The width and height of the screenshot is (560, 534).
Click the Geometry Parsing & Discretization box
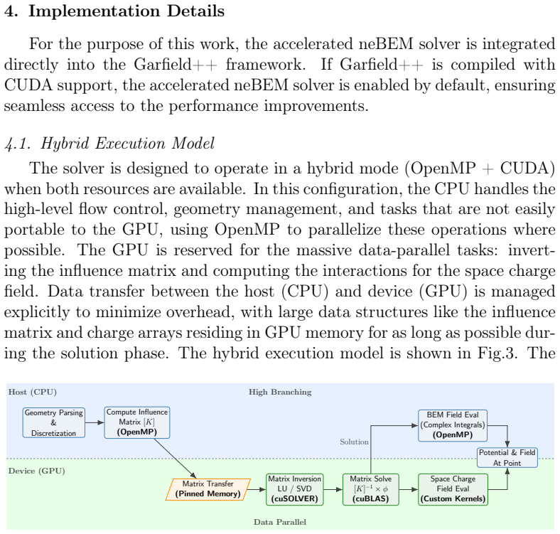[x=53, y=422]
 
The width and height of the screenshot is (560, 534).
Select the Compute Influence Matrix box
[x=136, y=422]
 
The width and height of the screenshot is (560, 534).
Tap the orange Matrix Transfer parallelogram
[x=208, y=489]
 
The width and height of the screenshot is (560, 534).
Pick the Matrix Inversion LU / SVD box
[x=295, y=489]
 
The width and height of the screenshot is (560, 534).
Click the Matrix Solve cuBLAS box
[x=371, y=489]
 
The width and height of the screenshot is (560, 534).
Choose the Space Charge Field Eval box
[x=453, y=489]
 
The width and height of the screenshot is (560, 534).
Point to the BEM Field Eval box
[x=453, y=425]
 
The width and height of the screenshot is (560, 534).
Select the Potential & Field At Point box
[x=507, y=457]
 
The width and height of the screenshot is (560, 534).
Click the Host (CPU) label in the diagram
[x=33, y=392]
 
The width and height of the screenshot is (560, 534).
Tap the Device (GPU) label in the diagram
[x=37, y=471]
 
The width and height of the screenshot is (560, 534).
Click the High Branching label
[x=280, y=392]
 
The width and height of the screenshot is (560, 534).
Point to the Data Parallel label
[x=280, y=522]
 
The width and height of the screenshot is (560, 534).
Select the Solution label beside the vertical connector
[x=354, y=442]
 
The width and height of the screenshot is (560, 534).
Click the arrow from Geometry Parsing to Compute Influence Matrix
[x=95, y=422]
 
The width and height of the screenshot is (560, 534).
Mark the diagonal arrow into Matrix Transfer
[x=175, y=458]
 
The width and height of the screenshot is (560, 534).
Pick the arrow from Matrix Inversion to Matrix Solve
[x=333, y=489]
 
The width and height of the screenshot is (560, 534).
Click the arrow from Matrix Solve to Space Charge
[x=409, y=489]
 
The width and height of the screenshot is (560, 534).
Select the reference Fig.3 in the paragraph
[x=497, y=353]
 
